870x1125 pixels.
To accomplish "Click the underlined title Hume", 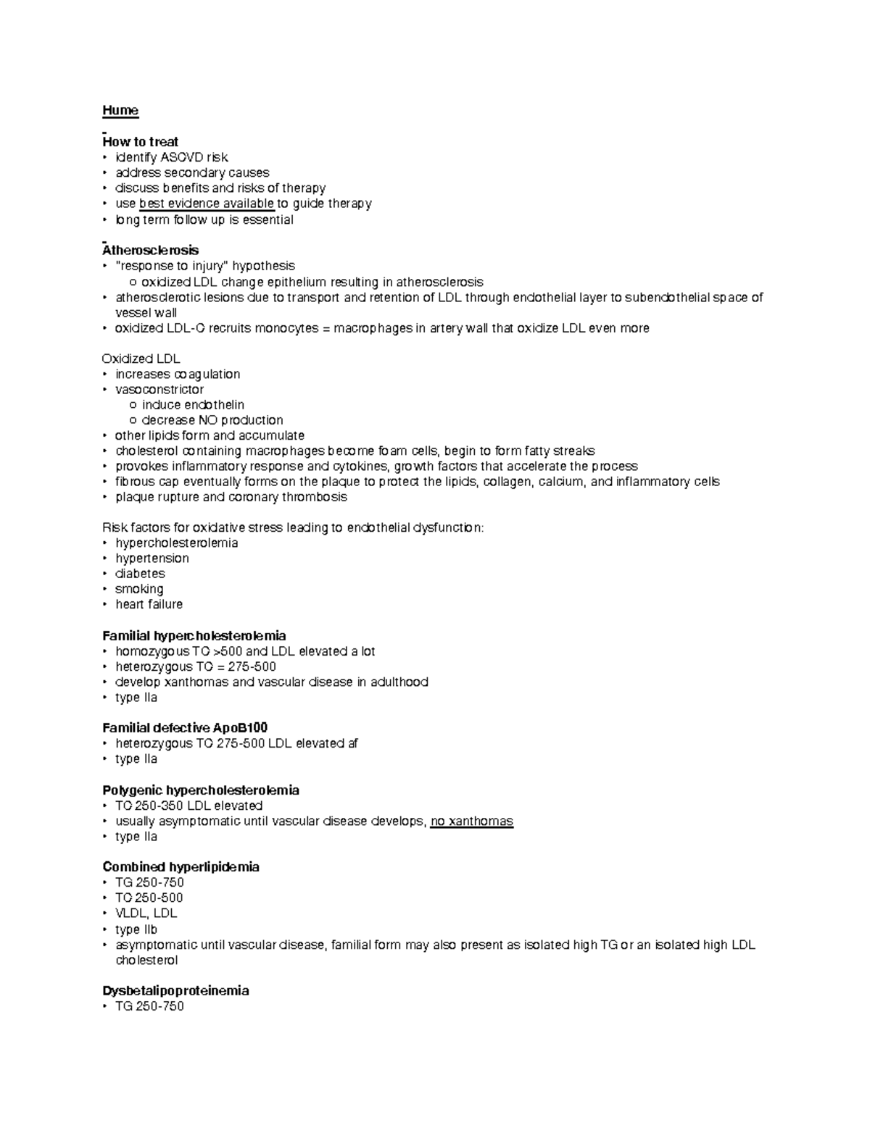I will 120,110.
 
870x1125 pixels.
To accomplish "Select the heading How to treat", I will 141,141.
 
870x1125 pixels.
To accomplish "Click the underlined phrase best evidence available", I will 207,204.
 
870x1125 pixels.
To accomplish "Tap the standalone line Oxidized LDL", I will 141,359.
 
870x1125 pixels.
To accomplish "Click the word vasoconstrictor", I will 159,390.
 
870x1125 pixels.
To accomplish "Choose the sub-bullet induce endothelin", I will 193,405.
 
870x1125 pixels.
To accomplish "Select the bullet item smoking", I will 139,589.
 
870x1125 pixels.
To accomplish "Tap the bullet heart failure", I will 149,604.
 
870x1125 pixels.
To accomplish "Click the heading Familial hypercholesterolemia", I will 194,636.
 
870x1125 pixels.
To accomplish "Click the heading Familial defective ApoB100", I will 186,728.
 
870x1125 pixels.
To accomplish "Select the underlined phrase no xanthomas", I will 471,821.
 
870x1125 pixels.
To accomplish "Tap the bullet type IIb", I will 136,929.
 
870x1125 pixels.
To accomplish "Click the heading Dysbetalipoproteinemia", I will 175,990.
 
